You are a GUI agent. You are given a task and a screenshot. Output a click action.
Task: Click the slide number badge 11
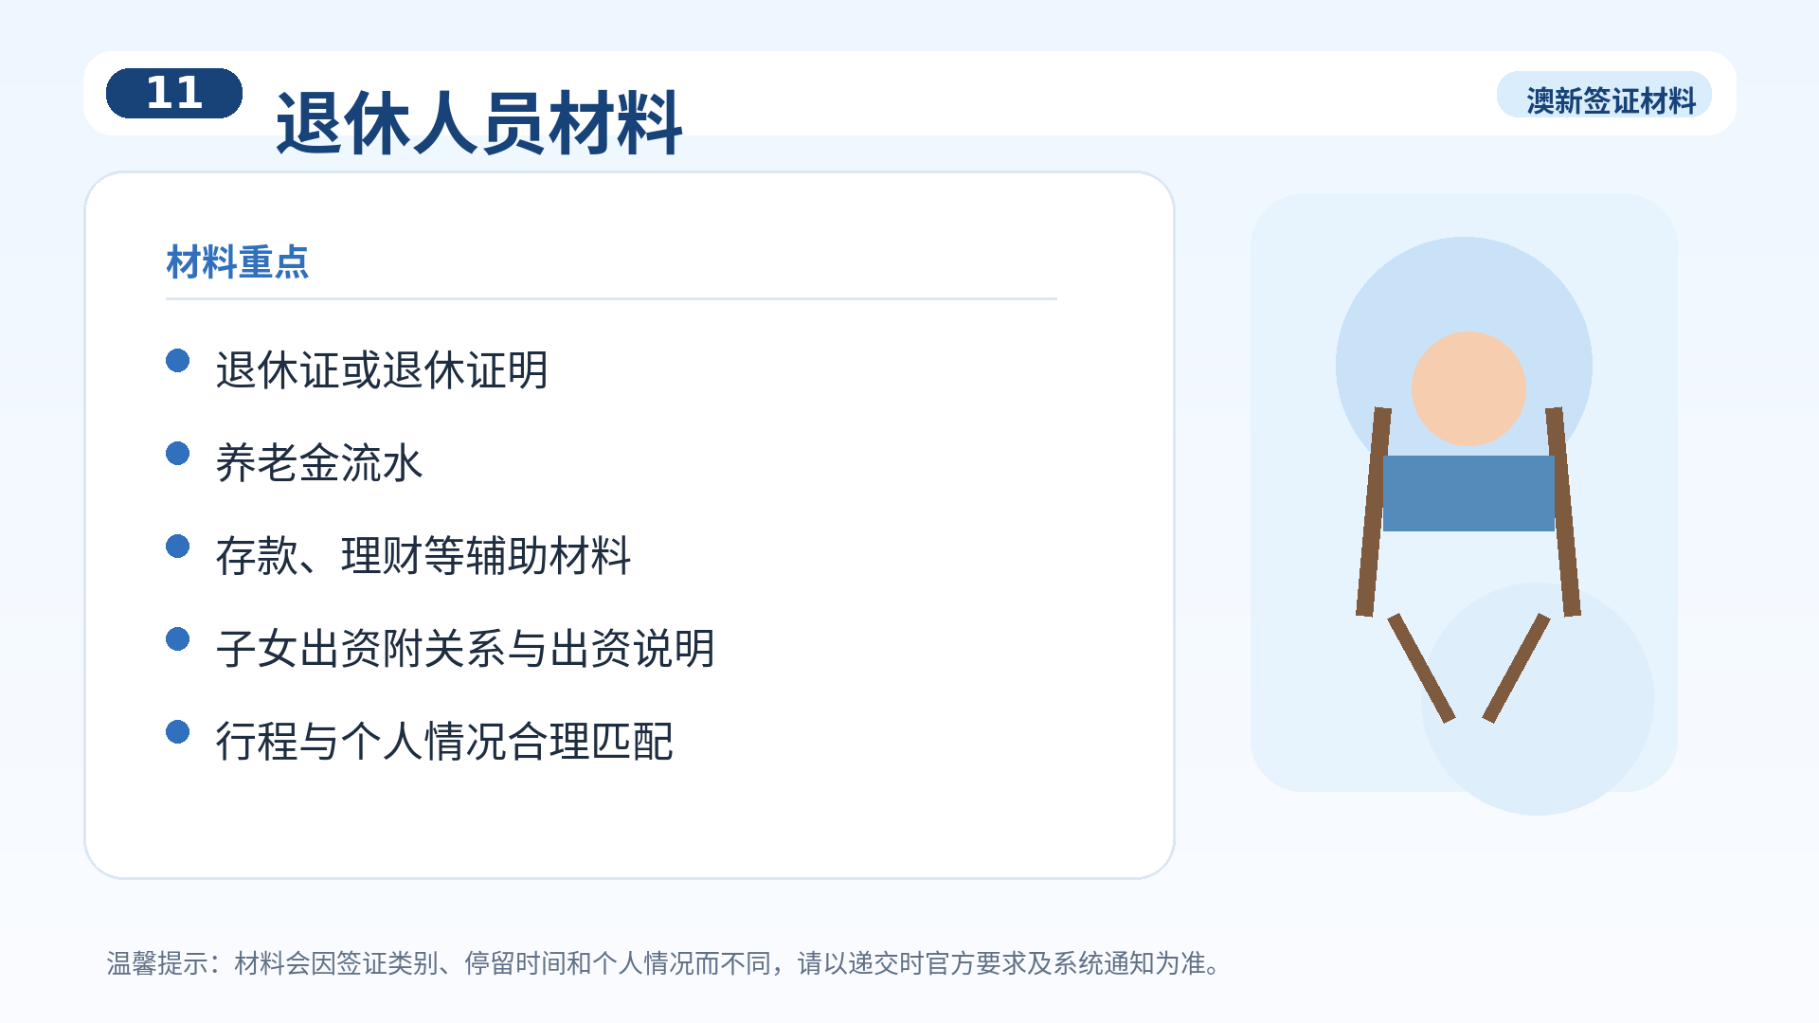[174, 93]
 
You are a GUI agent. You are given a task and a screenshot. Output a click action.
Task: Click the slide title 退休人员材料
[478, 123]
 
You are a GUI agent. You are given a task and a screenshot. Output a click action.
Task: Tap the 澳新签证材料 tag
[1611, 100]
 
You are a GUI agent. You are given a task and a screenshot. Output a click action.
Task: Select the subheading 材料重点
[238, 262]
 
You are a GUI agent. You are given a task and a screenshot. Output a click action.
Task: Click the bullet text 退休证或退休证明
[382, 369]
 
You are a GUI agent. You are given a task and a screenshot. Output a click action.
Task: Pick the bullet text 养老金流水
[319, 462]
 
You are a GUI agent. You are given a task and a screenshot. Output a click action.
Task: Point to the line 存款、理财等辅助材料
[423, 555]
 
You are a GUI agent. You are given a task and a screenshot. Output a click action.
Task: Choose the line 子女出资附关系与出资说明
[465, 648]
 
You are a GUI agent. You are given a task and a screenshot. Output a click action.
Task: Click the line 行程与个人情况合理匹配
[444, 741]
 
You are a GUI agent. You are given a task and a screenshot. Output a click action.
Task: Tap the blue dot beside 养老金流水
[177, 454]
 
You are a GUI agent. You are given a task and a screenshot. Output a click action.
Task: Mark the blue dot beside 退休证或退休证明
[177, 361]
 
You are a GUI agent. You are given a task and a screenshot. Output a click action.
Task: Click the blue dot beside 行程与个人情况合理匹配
[177, 732]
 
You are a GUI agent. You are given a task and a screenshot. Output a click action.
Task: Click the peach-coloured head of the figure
[1468, 388]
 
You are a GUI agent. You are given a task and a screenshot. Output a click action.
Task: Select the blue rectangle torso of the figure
[1468, 494]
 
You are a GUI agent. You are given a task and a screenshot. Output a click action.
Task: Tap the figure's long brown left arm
[1374, 511]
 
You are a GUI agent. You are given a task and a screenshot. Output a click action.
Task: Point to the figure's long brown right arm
[1563, 511]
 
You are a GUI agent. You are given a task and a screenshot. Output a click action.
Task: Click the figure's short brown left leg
[1421, 668]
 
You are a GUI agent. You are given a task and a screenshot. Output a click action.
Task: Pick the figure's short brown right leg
[1516, 668]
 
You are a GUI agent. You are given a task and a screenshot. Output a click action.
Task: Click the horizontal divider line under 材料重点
[611, 298]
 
